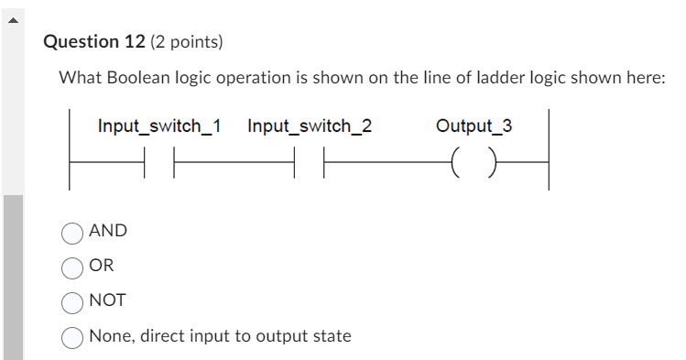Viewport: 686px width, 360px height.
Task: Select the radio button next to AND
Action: point(73,233)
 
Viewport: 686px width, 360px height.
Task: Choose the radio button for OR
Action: point(73,267)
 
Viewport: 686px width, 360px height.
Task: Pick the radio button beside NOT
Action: point(73,301)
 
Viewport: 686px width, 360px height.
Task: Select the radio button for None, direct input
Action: point(73,337)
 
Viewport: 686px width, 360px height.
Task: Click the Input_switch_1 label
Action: point(158,125)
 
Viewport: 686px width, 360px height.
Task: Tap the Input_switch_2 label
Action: point(310,125)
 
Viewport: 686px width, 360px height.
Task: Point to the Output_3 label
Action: point(474,125)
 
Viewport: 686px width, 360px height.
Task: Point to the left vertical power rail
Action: point(70,148)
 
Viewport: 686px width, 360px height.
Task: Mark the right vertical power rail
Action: point(548,148)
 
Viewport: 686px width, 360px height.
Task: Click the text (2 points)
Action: point(188,42)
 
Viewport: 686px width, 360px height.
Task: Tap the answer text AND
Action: point(108,232)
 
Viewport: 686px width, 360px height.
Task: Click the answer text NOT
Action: point(107,300)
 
